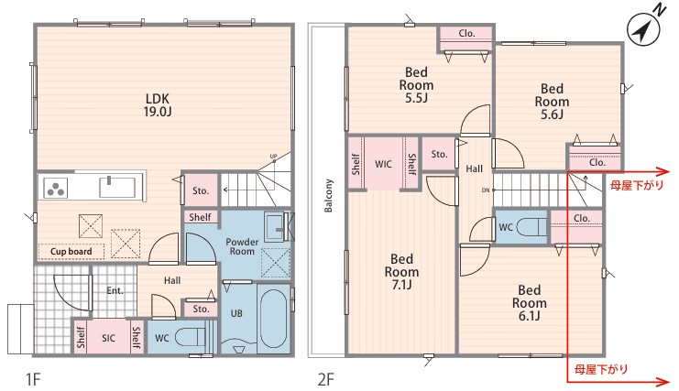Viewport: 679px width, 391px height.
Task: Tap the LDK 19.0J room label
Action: (158, 105)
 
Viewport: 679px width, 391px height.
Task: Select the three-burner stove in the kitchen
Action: (55, 188)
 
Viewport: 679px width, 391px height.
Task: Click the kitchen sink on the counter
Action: (117, 187)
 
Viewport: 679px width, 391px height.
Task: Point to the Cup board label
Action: (71, 251)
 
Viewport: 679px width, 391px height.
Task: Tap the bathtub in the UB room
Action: (274, 319)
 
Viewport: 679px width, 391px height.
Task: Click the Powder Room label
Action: (242, 246)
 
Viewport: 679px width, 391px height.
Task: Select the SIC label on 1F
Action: (108, 338)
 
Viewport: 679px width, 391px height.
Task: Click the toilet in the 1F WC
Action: (191, 337)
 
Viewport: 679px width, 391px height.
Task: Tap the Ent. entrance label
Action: (115, 290)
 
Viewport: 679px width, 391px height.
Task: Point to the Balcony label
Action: (329, 196)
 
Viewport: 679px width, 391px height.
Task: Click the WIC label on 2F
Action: (383, 164)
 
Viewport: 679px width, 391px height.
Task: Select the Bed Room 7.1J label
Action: (402, 272)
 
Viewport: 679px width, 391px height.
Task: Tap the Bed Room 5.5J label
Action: (416, 85)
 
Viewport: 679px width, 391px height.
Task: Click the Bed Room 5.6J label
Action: (552, 102)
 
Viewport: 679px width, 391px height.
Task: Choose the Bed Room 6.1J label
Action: (529, 303)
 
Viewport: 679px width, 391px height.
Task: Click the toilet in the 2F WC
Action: (531, 227)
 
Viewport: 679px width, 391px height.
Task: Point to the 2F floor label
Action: (325, 380)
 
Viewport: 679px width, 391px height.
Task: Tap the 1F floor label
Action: (33, 380)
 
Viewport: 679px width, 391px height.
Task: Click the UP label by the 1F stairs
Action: (273, 157)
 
